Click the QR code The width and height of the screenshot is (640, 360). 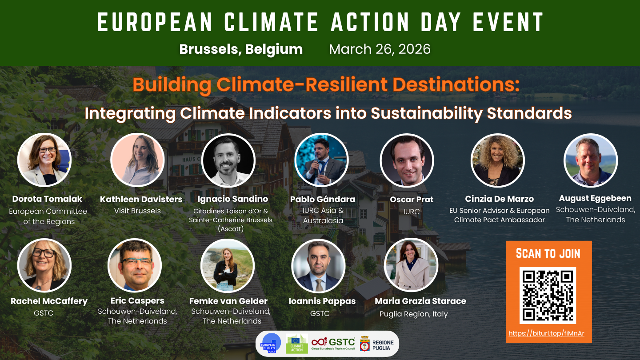(548, 296)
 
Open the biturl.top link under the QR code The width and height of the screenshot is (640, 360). (546, 333)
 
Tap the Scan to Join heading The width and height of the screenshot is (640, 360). (548, 253)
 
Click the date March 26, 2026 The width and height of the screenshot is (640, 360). (380, 49)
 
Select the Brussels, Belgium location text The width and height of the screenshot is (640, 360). (241, 49)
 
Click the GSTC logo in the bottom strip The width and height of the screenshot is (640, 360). (333, 344)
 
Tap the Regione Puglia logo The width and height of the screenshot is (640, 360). (377, 344)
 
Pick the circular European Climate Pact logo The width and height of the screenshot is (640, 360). (271, 344)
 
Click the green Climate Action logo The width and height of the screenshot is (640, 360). (296, 344)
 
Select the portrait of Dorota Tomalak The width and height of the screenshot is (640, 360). (44, 160)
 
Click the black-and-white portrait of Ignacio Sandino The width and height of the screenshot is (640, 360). (228, 160)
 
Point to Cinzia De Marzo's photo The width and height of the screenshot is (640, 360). (497, 160)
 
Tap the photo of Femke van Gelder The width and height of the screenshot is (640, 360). (228, 266)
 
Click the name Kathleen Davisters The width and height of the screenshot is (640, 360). (141, 199)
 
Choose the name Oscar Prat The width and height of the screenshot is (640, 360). (412, 200)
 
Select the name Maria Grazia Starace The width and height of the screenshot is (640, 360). (420, 301)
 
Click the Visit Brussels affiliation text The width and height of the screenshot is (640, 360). (137, 211)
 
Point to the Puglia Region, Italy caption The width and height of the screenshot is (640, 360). (413, 314)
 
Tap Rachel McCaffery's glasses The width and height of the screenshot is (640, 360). (44, 253)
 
